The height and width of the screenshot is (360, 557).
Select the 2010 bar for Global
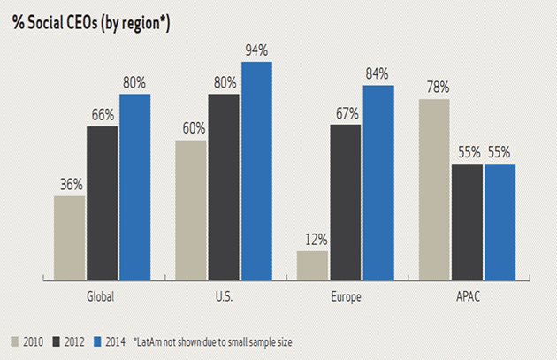pos(70,236)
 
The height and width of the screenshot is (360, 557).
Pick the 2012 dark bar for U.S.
pos(224,186)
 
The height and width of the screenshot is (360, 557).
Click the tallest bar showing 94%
pos(256,170)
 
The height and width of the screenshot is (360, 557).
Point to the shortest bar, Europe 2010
pos(313,264)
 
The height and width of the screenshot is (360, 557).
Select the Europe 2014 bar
pos(378,181)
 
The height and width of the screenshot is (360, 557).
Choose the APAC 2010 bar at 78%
pos(434,188)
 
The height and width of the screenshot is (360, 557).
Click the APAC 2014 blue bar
pos(500,220)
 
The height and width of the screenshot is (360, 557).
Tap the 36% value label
pos(71,185)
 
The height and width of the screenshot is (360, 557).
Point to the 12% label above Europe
pos(313,240)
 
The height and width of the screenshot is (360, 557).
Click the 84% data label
pos(378,74)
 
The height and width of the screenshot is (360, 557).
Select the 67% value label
pos(346,113)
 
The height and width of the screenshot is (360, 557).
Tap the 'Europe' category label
pos(346,297)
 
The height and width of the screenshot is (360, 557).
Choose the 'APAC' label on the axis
pos(467,297)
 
